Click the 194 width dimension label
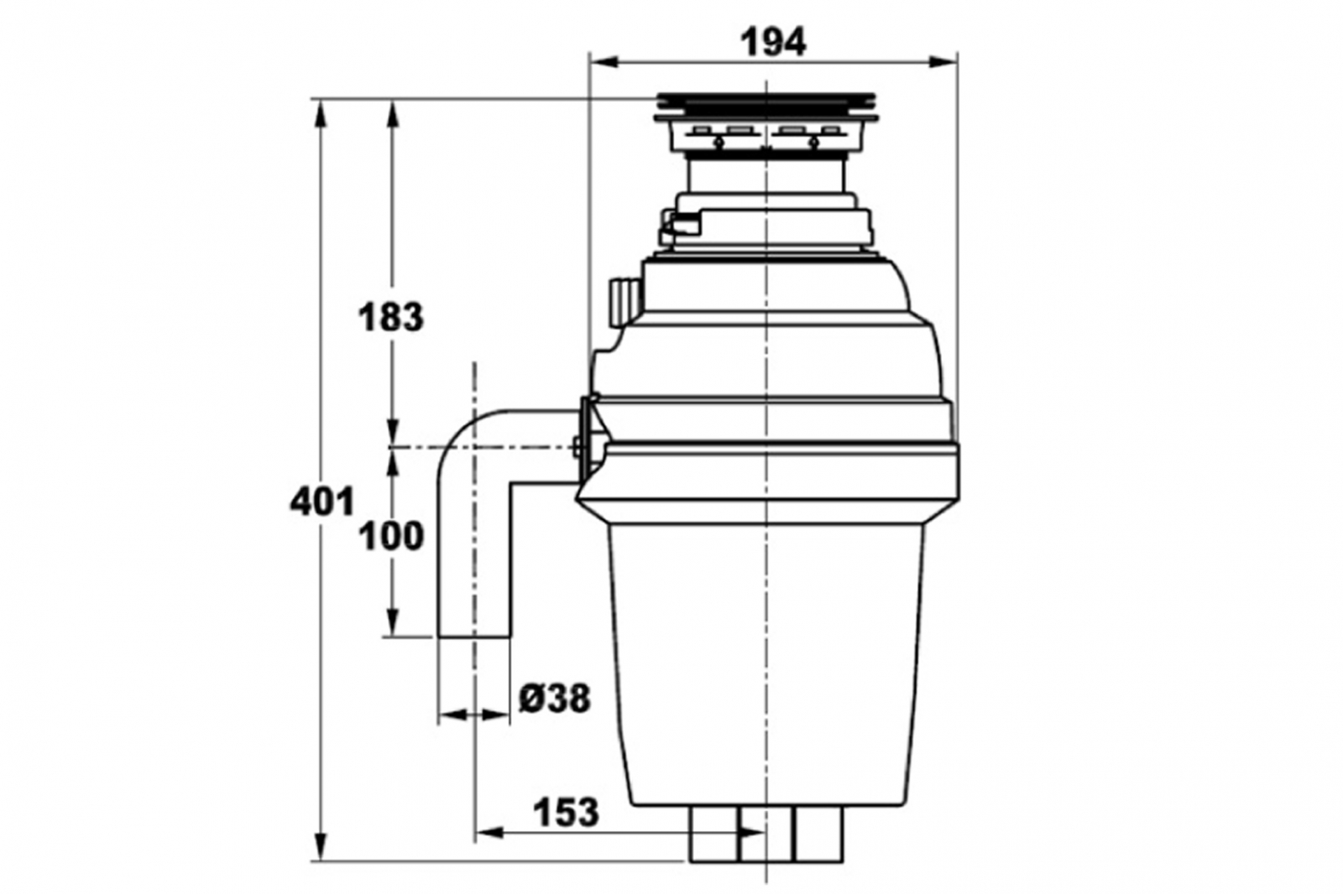[x=773, y=43]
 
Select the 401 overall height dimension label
[x=322, y=502]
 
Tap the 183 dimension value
[x=391, y=317]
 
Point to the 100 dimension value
[x=391, y=536]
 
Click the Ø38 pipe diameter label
[x=555, y=698]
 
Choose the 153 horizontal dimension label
[x=566, y=813]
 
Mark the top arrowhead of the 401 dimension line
[x=322, y=114]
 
